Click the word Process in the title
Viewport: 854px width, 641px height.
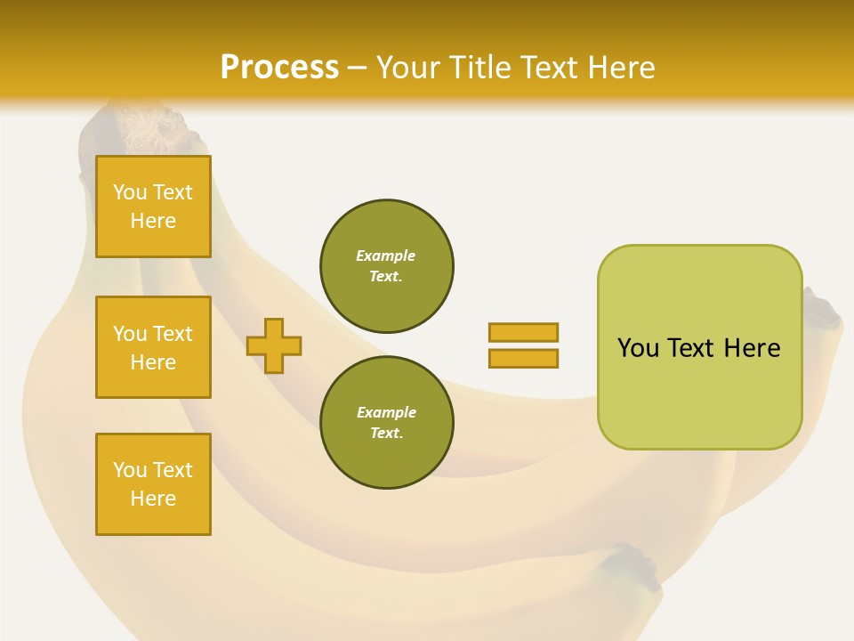279,67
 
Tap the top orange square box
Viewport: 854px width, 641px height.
153,207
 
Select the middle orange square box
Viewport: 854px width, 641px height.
153,347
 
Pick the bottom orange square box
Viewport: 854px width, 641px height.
153,484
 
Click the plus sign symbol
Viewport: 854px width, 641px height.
274,345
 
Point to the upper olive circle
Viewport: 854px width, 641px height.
387,265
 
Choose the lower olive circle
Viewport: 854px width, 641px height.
387,422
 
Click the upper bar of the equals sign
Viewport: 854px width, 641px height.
523,332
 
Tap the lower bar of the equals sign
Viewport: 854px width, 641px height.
523,358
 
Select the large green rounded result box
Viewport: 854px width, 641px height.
699,347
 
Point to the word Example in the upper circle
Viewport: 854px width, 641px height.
385,256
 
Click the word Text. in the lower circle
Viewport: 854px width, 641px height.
386,433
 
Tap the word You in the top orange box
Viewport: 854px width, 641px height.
130,192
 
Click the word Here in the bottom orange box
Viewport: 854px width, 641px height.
153,499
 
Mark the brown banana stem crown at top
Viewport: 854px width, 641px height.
147,129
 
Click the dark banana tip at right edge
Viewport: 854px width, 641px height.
824,311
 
